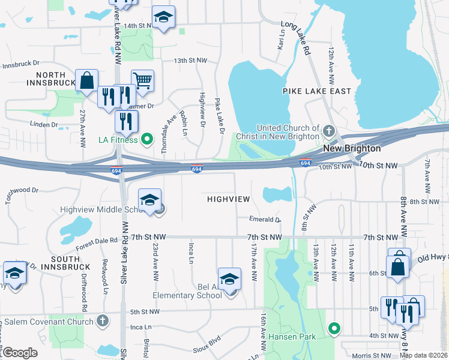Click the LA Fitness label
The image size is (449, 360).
pos(118,141)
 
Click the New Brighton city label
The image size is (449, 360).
pos(352,148)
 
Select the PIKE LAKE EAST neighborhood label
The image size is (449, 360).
pos(317,91)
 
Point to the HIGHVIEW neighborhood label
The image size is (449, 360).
pos(228,198)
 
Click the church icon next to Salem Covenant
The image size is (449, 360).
pos(103,321)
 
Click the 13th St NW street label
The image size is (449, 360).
pos(190,61)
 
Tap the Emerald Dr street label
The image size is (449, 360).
pos(266,220)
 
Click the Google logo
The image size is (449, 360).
pos(20,353)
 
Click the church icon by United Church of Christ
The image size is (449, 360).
pos(328,130)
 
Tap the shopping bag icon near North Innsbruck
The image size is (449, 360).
pos(87,79)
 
